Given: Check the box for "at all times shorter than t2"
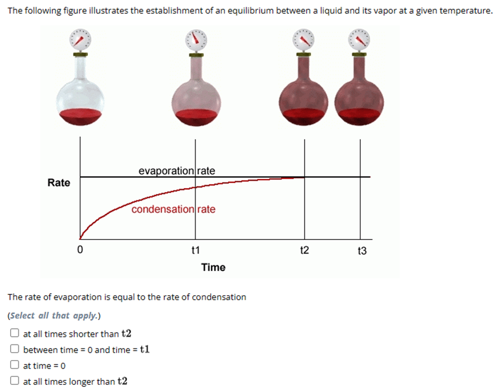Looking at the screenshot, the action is tap(15, 333).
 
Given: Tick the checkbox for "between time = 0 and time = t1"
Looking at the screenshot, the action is tap(15, 349).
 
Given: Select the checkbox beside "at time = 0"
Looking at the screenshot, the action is tap(15, 365).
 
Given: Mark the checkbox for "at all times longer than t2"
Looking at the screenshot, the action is tap(15, 381).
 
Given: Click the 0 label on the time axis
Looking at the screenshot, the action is tap(80, 250).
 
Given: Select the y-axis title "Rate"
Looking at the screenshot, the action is tap(59, 183).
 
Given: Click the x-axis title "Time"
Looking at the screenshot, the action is tap(213, 267).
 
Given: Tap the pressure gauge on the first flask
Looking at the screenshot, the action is tap(80, 40).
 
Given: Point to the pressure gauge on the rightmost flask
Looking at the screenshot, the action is tap(360, 40).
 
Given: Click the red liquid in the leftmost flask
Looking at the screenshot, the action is tap(81, 117).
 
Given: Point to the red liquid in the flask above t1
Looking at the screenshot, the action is tap(196, 117).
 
